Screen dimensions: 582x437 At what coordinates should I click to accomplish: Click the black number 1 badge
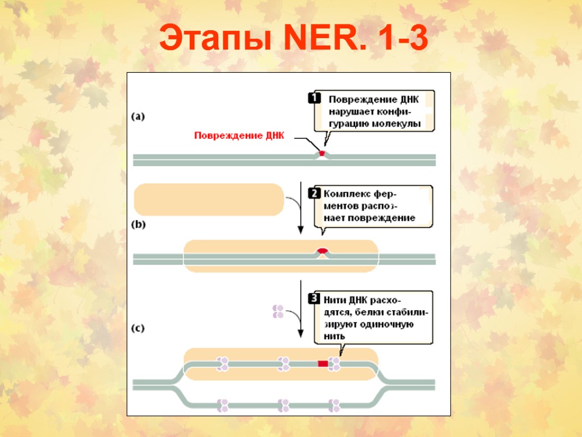pos(314,98)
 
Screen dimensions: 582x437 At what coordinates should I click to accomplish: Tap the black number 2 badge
pos(314,193)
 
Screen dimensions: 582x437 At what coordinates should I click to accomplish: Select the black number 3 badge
pos(314,298)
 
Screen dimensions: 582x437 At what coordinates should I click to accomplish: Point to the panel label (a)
pos(138,117)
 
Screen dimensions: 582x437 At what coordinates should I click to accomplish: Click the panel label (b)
pos(138,224)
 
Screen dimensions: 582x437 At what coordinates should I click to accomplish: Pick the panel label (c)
pos(138,328)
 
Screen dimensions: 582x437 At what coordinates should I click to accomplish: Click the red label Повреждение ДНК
pos(239,136)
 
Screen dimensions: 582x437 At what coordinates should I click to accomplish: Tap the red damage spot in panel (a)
pos(322,153)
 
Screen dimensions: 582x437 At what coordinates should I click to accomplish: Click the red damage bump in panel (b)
pos(322,251)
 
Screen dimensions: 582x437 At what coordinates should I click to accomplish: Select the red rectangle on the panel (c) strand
pos(323,363)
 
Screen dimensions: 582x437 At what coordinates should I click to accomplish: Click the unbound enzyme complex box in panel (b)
pos(209,200)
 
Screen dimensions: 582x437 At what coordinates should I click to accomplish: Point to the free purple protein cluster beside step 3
pos(278,311)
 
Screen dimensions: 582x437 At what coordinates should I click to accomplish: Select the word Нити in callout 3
pos(335,299)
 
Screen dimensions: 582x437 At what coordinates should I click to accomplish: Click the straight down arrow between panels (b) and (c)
pos(301,307)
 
